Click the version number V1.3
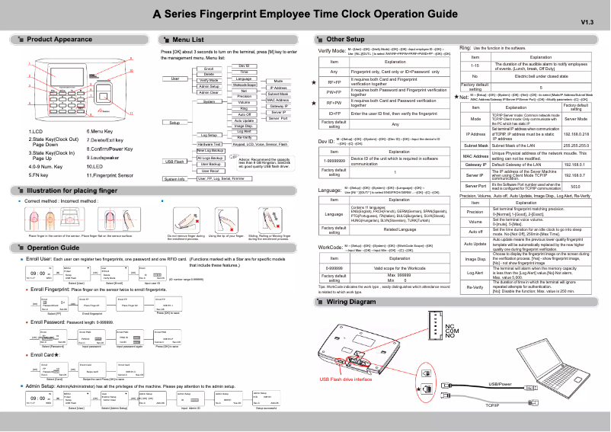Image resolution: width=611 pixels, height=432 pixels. [587, 22]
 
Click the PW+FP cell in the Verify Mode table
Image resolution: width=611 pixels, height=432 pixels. [334, 92]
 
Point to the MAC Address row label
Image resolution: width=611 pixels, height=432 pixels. [475, 155]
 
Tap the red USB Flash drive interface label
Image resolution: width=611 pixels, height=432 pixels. [346, 379]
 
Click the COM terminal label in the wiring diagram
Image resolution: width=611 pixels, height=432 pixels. [451, 331]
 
